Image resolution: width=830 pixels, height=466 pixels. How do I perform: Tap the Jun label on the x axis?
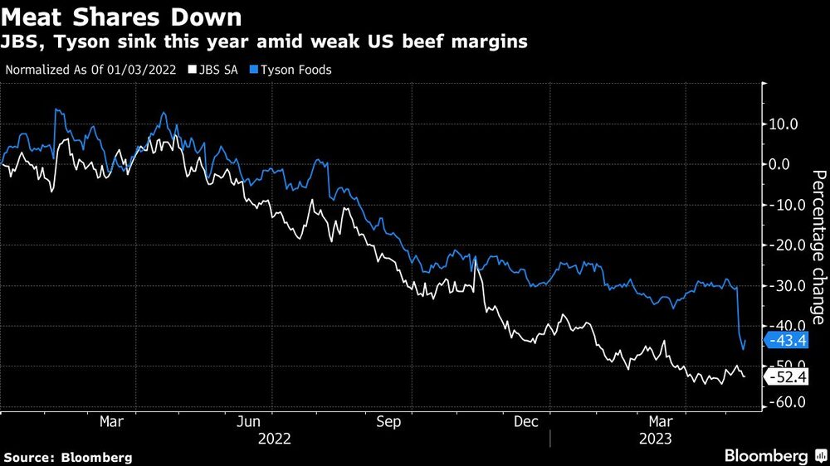coord(251,422)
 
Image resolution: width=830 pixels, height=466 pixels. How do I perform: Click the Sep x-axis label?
coord(388,422)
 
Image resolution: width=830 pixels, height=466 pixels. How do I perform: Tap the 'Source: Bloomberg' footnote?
coord(67,457)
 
